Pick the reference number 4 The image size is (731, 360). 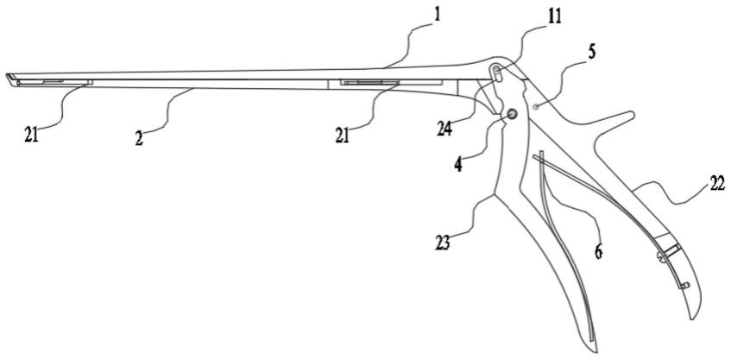tap(458, 163)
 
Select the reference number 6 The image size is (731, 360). tap(597, 250)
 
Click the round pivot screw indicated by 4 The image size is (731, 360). tap(512, 114)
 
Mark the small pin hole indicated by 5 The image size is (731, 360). tap(536, 106)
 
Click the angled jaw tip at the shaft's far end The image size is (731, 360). tap(10, 79)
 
